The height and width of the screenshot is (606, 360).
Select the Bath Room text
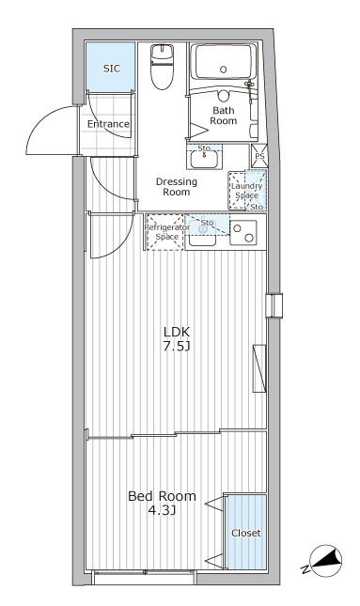pyautogui.click(x=223, y=115)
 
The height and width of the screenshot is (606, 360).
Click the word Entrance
pyautogui.click(x=108, y=124)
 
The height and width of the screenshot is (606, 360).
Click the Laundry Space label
pyautogui.click(x=245, y=191)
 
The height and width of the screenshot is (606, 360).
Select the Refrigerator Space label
pyautogui.click(x=161, y=231)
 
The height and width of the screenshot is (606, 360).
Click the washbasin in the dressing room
pyautogui.click(x=205, y=158)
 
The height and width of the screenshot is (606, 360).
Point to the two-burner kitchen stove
pyautogui.click(x=246, y=232)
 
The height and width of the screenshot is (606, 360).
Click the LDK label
pyautogui.click(x=177, y=333)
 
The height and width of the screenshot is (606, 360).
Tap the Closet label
pyautogui.click(x=246, y=533)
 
